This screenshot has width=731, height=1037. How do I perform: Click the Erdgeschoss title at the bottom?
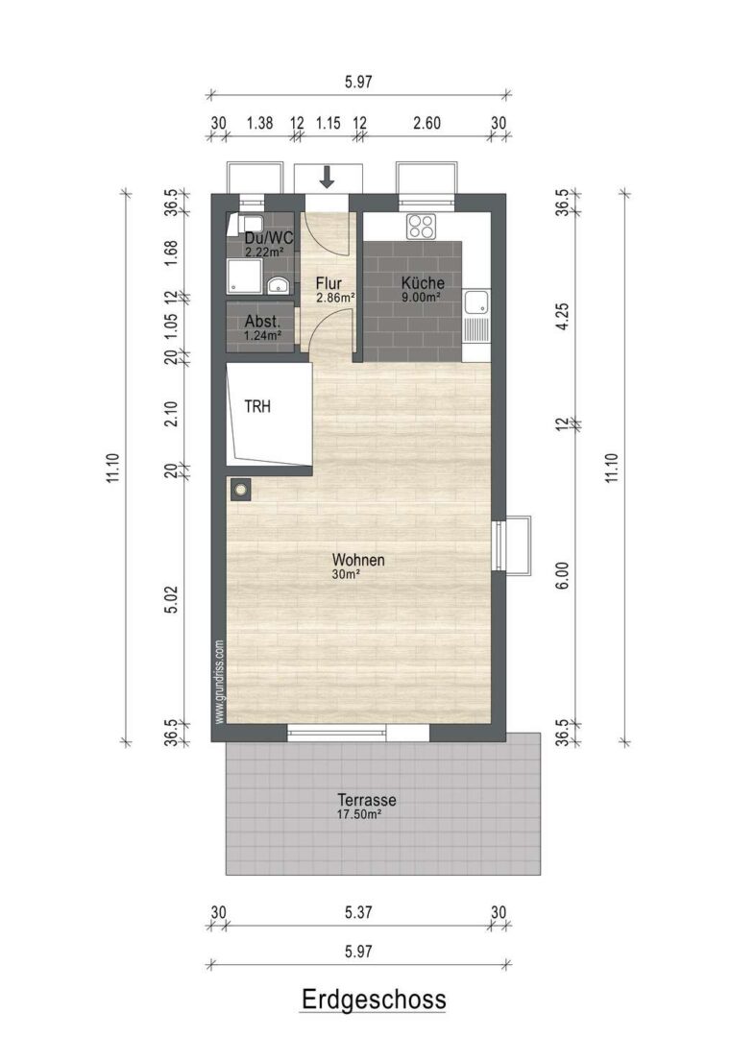(374, 1000)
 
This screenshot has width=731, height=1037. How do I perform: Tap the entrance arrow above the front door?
(327, 177)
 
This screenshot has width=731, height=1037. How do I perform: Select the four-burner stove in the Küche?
(422, 227)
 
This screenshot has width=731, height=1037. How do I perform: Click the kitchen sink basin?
(475, 303)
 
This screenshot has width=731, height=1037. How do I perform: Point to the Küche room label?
(423, 283)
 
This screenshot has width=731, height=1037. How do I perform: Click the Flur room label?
(329, 283)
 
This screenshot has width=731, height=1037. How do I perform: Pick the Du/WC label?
(269, 239)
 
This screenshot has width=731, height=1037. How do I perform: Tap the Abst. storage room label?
(262, 322)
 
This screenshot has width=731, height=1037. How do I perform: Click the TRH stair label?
(257, 406)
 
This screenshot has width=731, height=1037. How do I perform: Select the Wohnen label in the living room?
(358, 560)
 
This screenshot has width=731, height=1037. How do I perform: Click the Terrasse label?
(367, 800)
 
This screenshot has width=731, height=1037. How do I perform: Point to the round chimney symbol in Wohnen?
(241, 490)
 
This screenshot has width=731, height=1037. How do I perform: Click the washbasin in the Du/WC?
(279, 286)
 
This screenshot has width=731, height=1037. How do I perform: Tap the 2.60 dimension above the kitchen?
(426, 123)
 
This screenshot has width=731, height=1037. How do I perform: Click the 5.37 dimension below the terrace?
(358, 913)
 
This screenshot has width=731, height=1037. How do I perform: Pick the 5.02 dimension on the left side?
(171, 599)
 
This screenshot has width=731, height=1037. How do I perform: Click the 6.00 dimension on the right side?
(562, 576)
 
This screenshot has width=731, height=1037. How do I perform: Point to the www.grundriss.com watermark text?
(220, 681)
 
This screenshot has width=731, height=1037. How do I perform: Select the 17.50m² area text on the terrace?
(359, 815)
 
